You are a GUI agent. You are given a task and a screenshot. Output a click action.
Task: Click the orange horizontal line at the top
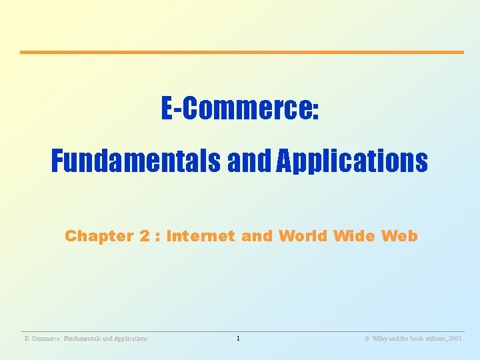pos(241,52)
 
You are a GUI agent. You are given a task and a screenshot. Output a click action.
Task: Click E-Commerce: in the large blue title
pos(240,109)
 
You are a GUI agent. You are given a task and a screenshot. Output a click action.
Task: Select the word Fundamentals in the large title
pos(137,161)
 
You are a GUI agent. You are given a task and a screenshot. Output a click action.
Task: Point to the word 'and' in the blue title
pos(250,161)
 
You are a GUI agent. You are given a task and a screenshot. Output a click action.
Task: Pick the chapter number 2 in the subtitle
pos(144,236)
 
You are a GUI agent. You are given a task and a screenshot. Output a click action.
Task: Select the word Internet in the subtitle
pos(200,236)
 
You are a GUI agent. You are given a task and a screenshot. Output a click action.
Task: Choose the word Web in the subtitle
pos(399,236)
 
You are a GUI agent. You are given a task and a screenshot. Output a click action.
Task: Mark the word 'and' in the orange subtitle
pos(256,236)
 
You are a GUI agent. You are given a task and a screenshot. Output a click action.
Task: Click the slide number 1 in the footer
pos(237,339)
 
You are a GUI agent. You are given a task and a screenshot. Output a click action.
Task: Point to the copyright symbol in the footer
pos(367,339)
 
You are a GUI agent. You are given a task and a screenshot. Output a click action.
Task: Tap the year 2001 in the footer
pos(455,339)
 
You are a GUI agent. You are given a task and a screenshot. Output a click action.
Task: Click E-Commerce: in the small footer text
pos(41,339)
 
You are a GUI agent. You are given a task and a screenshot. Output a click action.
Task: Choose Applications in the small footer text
pos(130,339)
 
